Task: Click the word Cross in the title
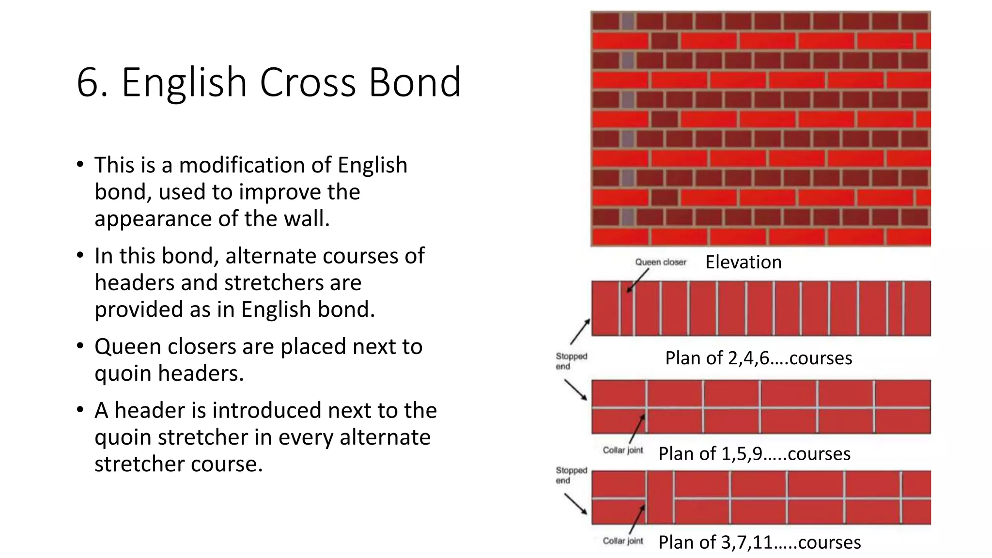(308, 82)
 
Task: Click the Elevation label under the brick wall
(743, 262)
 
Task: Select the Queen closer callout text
(660, 262)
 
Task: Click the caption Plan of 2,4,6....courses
(758, 358)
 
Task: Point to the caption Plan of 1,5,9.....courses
(754, 454)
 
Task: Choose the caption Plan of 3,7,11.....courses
(759, 542)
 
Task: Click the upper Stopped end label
(571, 361)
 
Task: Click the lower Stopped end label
(571, 475)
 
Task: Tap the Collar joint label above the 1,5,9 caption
(622, 450)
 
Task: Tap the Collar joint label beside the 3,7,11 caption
(622, 541)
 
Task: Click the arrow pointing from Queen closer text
(637, 280)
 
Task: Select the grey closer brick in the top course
(628, 21)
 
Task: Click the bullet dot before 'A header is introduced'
(80, 410)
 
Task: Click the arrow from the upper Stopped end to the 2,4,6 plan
(580, 331)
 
